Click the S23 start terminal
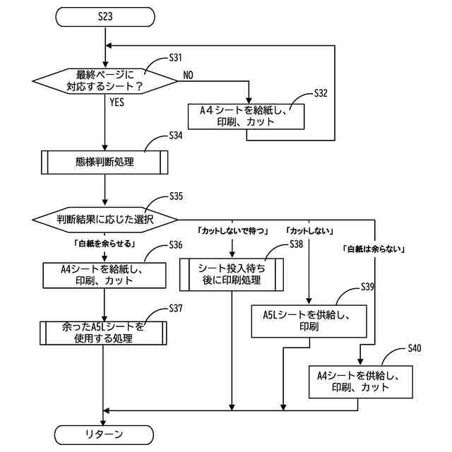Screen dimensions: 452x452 (x=105, y=17)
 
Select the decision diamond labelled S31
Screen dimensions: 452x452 (x=105, y=82)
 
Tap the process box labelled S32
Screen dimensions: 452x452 (x=246, y=116)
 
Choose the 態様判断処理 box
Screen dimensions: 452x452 (x=105, y=162)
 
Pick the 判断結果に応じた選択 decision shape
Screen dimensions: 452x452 (x=105, y=219)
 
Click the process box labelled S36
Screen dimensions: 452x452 (x=105, y=275)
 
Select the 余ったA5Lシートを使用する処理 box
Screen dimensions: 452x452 (x=105, y=332)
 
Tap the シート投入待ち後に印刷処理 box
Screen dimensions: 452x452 (x=232, y=274)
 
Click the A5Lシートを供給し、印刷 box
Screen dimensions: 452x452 (x=310, y=321)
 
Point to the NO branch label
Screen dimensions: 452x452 (x=189, y=75)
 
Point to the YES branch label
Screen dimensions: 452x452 (x=118, y=102)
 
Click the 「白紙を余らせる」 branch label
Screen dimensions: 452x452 (x=105, y=242)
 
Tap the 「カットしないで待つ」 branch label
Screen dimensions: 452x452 (x=231, y=231)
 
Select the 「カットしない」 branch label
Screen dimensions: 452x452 (x=309, y=231)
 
